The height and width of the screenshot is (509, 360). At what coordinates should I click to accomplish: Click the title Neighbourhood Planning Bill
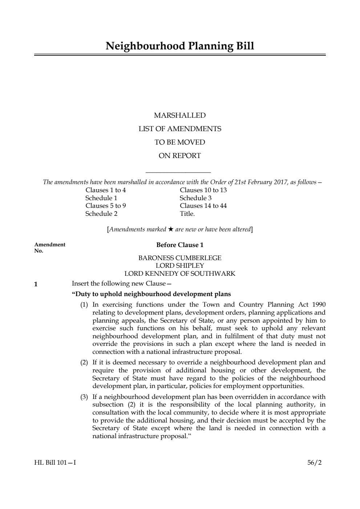(180, 46)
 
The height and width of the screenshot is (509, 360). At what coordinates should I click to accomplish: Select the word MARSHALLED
(180, 116)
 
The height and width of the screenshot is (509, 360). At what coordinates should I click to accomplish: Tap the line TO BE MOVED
(180, 142)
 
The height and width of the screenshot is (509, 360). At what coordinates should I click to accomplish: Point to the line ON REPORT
(180, 155)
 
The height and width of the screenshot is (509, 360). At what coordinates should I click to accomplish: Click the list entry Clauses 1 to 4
(106, 190)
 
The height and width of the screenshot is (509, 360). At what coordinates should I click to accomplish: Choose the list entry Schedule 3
(195, 198)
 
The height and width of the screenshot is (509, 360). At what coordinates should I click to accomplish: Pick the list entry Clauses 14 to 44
(203, 206)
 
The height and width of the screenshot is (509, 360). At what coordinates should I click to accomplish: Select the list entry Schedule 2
(101, 214)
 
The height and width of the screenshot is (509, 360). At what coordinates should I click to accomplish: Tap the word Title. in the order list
(187, 214)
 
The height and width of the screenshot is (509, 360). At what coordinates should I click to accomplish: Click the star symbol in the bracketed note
(171, 229)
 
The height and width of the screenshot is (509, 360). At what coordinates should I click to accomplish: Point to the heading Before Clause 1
(180, 245)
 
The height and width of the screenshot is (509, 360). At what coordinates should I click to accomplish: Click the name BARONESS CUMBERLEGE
(180, 258)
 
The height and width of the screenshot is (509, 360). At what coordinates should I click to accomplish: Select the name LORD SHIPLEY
(180, 266)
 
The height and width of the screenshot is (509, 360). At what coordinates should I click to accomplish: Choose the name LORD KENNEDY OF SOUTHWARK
(180, 274)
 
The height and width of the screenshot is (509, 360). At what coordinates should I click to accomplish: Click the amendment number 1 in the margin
(36, 284)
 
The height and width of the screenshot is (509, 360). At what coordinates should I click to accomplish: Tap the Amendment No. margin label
(50, 247)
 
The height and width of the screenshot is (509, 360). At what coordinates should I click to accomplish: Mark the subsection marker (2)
(84, 362)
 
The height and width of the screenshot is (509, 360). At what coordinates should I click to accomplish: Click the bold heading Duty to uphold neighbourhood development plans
(151, 294)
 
